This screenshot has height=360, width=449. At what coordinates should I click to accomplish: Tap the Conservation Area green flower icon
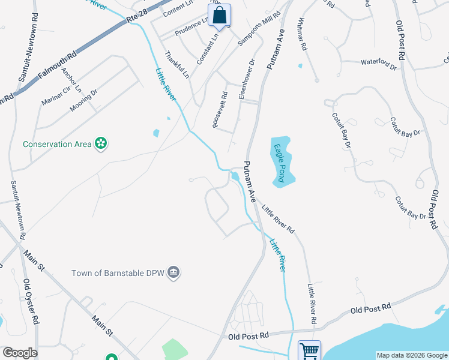click(x=101, y=143)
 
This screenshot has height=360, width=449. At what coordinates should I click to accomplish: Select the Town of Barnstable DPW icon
click(x=174, y=272)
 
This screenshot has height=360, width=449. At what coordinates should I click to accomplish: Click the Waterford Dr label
click(x=378, y=62)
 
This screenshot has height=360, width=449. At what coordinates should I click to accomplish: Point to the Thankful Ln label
click(x=177, y=65)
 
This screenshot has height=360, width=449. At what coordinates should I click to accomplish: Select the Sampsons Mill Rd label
click(x=259, y=28)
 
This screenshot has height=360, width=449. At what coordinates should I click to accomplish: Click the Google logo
click(x=20, y=353)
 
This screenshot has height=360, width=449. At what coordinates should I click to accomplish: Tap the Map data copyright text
click(x=411, y=355)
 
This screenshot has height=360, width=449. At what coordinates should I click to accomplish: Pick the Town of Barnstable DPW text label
click(x=118, y=273)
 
